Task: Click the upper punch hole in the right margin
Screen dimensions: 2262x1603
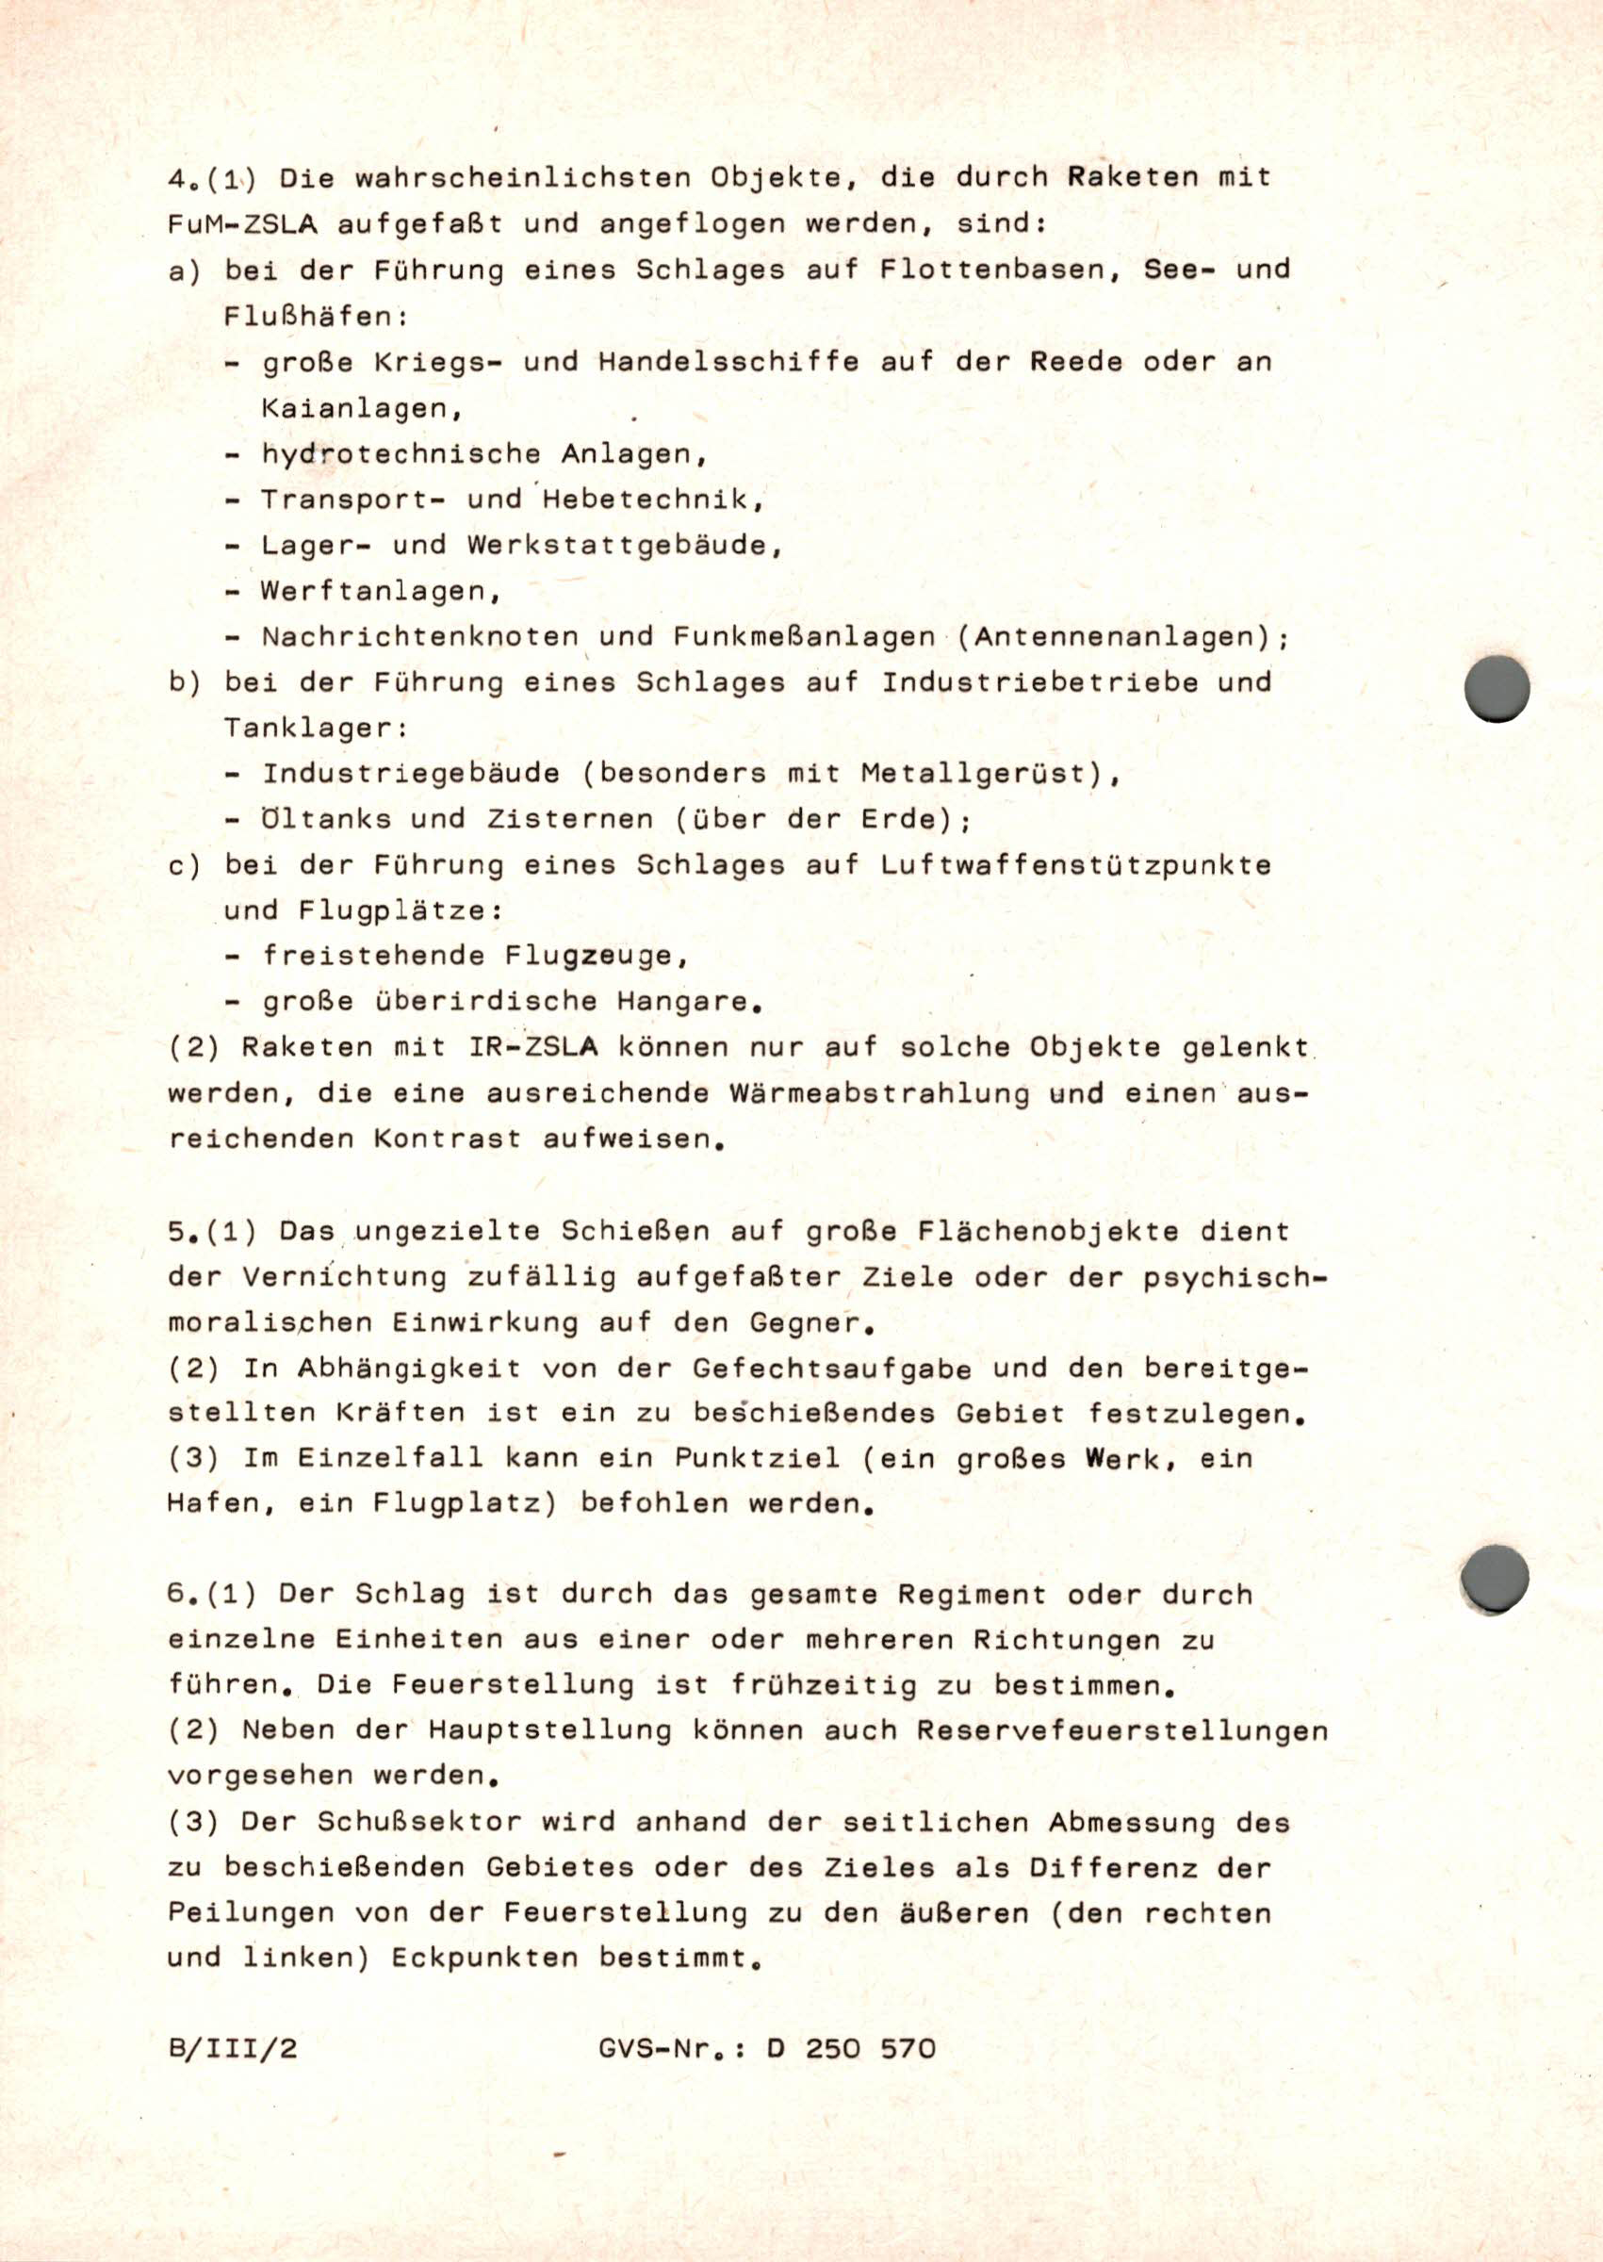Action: pyautogui.click(x=1497, y=688)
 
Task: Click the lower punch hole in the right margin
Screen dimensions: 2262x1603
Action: pyautogui.click(x=1495, y=1577)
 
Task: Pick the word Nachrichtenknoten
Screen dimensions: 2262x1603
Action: pyautogui.click(x=419, y=636)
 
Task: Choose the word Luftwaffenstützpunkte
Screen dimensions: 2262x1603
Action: pyautogui.click(x=1075, y=865)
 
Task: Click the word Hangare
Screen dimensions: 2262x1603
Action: pyautogui.click(x=688, y=1002)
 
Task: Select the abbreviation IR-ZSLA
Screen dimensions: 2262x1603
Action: pyautogui.click(x=532, y=1047)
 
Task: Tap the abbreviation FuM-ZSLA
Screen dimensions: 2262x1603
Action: pyautogui.click(x=242, y=225)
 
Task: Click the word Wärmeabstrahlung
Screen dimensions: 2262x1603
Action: pyautogui.click(x=877, y=1093)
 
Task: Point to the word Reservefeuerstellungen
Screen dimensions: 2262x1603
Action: pyautogui.click(x=1121, y=1731)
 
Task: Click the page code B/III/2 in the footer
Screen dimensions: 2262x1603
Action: pyautogui.click(x=232, y=2048)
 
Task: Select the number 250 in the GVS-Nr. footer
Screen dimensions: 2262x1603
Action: pyautogui.click(x=832, y=2048)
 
